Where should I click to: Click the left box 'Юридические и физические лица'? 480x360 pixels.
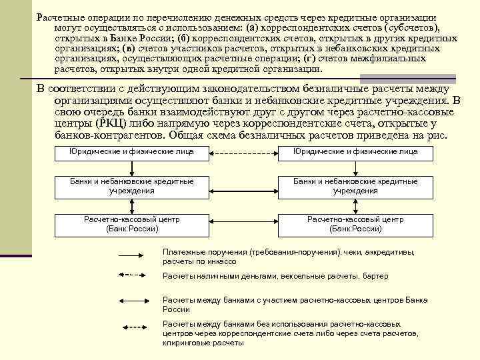(x=132, y=152)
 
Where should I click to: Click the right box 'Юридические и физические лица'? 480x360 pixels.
(x=355, y=152)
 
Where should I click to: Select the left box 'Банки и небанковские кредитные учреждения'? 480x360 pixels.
(x=132, y=186)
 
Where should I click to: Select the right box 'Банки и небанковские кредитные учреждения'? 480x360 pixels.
(x=355, y=186)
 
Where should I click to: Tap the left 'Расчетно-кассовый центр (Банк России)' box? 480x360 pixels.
(x=132, y=224)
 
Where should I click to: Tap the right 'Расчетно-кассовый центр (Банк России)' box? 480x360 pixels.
(x=355, y=224)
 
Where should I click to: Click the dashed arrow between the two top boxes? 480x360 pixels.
(x=243, y=152)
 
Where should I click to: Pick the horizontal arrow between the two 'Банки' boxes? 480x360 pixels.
(x=243, y=186)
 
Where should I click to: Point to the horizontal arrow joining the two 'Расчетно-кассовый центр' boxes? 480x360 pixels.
(x=243, y=224)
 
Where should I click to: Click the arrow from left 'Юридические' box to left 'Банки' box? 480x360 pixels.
(x=132, y=167)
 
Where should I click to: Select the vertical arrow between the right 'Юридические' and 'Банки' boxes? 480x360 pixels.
(x=355, y=167)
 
